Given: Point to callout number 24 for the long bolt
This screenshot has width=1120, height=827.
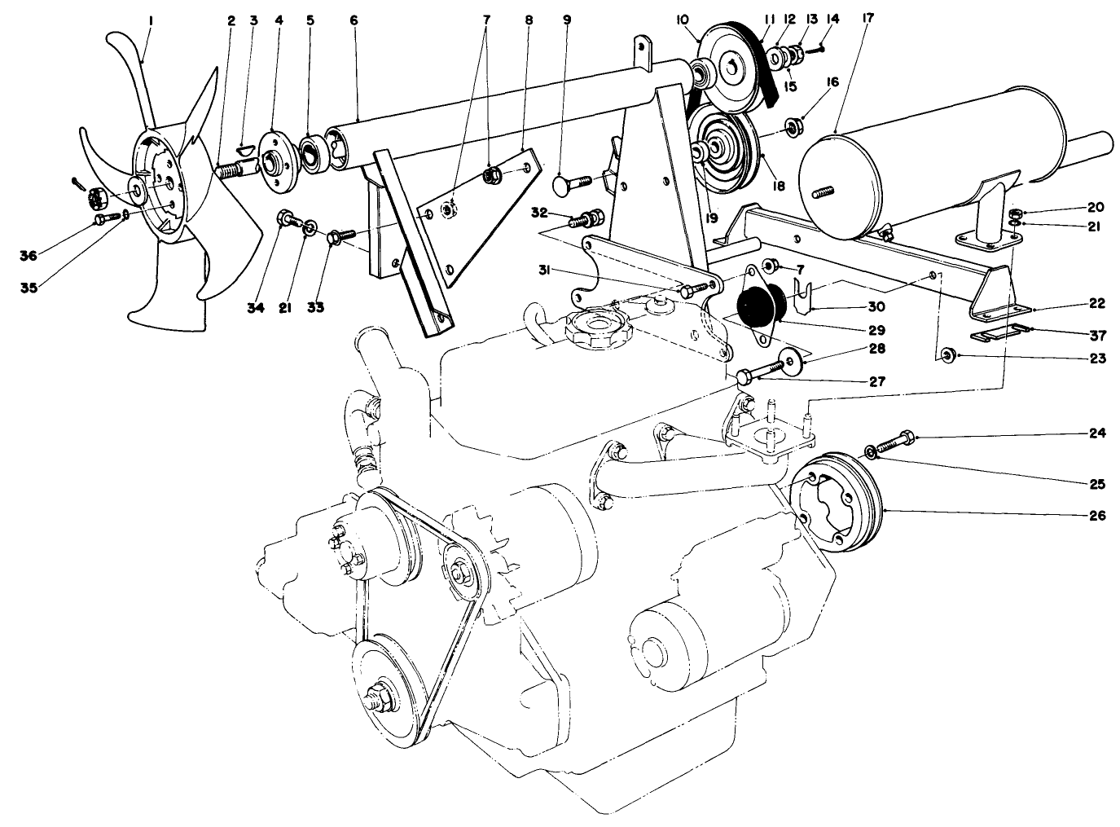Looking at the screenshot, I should [1097, 433].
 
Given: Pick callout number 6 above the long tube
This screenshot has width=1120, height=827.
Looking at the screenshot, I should [354, 20].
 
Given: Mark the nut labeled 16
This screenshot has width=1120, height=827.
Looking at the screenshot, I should [792, 126].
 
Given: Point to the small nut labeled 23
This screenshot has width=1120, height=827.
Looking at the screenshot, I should [947, 355].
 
